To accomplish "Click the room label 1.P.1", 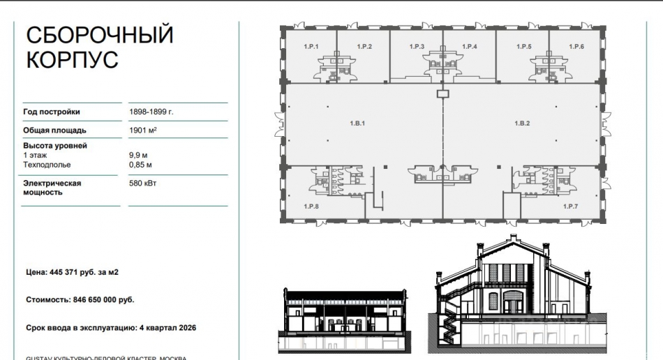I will point(311,47).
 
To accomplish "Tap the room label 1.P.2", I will point(364,47).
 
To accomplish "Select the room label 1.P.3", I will point(417,47).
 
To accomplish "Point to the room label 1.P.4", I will point(470,47).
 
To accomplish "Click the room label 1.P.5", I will point(523,47).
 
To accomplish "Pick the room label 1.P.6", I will point(576,47).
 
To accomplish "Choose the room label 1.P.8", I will point(311,207).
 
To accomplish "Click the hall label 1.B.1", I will point(358,123).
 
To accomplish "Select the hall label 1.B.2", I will point(523,123).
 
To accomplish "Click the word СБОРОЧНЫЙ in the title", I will point(99,35).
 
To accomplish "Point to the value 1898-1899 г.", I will point(151,112).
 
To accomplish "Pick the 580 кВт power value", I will point(142,183).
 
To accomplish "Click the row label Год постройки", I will point(52,112).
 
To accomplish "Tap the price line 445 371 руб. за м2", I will point(72,272).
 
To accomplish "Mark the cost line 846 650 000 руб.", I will point(80,299).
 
